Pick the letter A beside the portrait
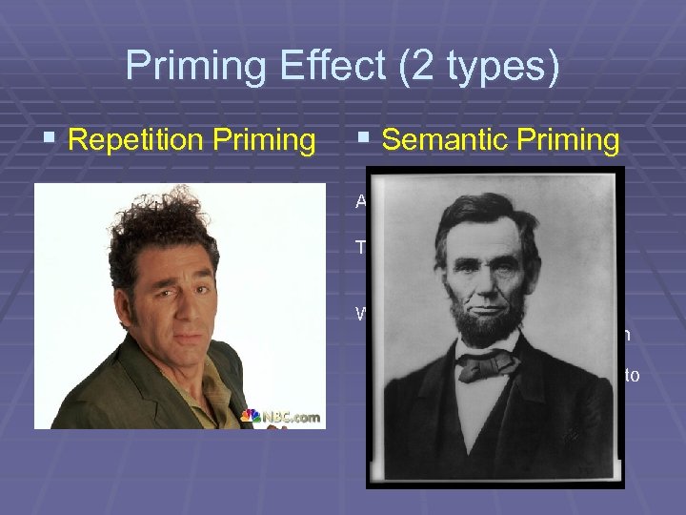362,201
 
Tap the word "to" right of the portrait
631,375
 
